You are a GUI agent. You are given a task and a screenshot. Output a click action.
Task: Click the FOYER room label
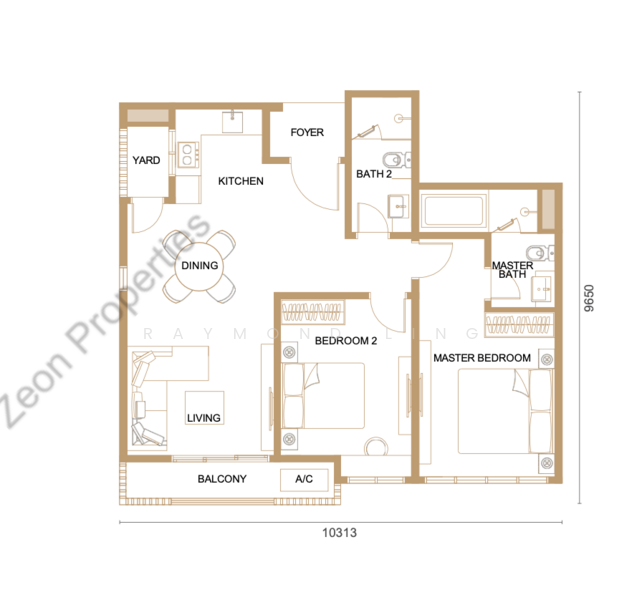click(x=307, y=132)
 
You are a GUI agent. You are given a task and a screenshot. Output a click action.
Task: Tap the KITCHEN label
click(x=241, y=181)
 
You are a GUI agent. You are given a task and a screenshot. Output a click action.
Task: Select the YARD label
click(x=146, y=160)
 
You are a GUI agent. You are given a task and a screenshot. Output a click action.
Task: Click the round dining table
click(x=199, y=266)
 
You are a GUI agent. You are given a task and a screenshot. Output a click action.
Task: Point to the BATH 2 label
click(x=374, y=174)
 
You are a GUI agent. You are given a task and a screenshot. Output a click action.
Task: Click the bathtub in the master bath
click(x=453, y=211)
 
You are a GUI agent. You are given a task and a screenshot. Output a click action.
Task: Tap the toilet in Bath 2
click(x=396, y=159)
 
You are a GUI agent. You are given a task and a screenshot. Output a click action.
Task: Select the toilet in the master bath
click(x=540, y=253)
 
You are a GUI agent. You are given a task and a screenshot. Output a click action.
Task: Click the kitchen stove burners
click(x=188, y=155)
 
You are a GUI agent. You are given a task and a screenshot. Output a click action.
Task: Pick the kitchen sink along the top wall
click(x=232, y=121)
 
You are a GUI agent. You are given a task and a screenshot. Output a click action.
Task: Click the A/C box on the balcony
click(x=304, y=479)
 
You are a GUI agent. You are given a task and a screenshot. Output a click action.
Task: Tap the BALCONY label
click(x=222, y=479)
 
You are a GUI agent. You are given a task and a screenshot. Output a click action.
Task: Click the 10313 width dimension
click(x=339, y=532)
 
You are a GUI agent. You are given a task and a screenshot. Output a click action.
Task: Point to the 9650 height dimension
click(x=588, y=298)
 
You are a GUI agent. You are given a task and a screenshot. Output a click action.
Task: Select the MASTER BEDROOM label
click(x=482, y=358)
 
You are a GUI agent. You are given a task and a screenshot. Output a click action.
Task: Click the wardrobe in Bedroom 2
click(x=313, y=312)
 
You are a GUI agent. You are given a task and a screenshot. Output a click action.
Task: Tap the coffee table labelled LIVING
click(x=204, y=408)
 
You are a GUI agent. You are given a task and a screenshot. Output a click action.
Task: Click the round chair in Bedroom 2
click(x=376, y=447)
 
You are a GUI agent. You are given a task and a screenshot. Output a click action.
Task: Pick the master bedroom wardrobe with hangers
click(x=519, y=325)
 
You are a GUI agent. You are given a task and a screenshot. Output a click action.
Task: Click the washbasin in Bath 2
click(x=398, y=206)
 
